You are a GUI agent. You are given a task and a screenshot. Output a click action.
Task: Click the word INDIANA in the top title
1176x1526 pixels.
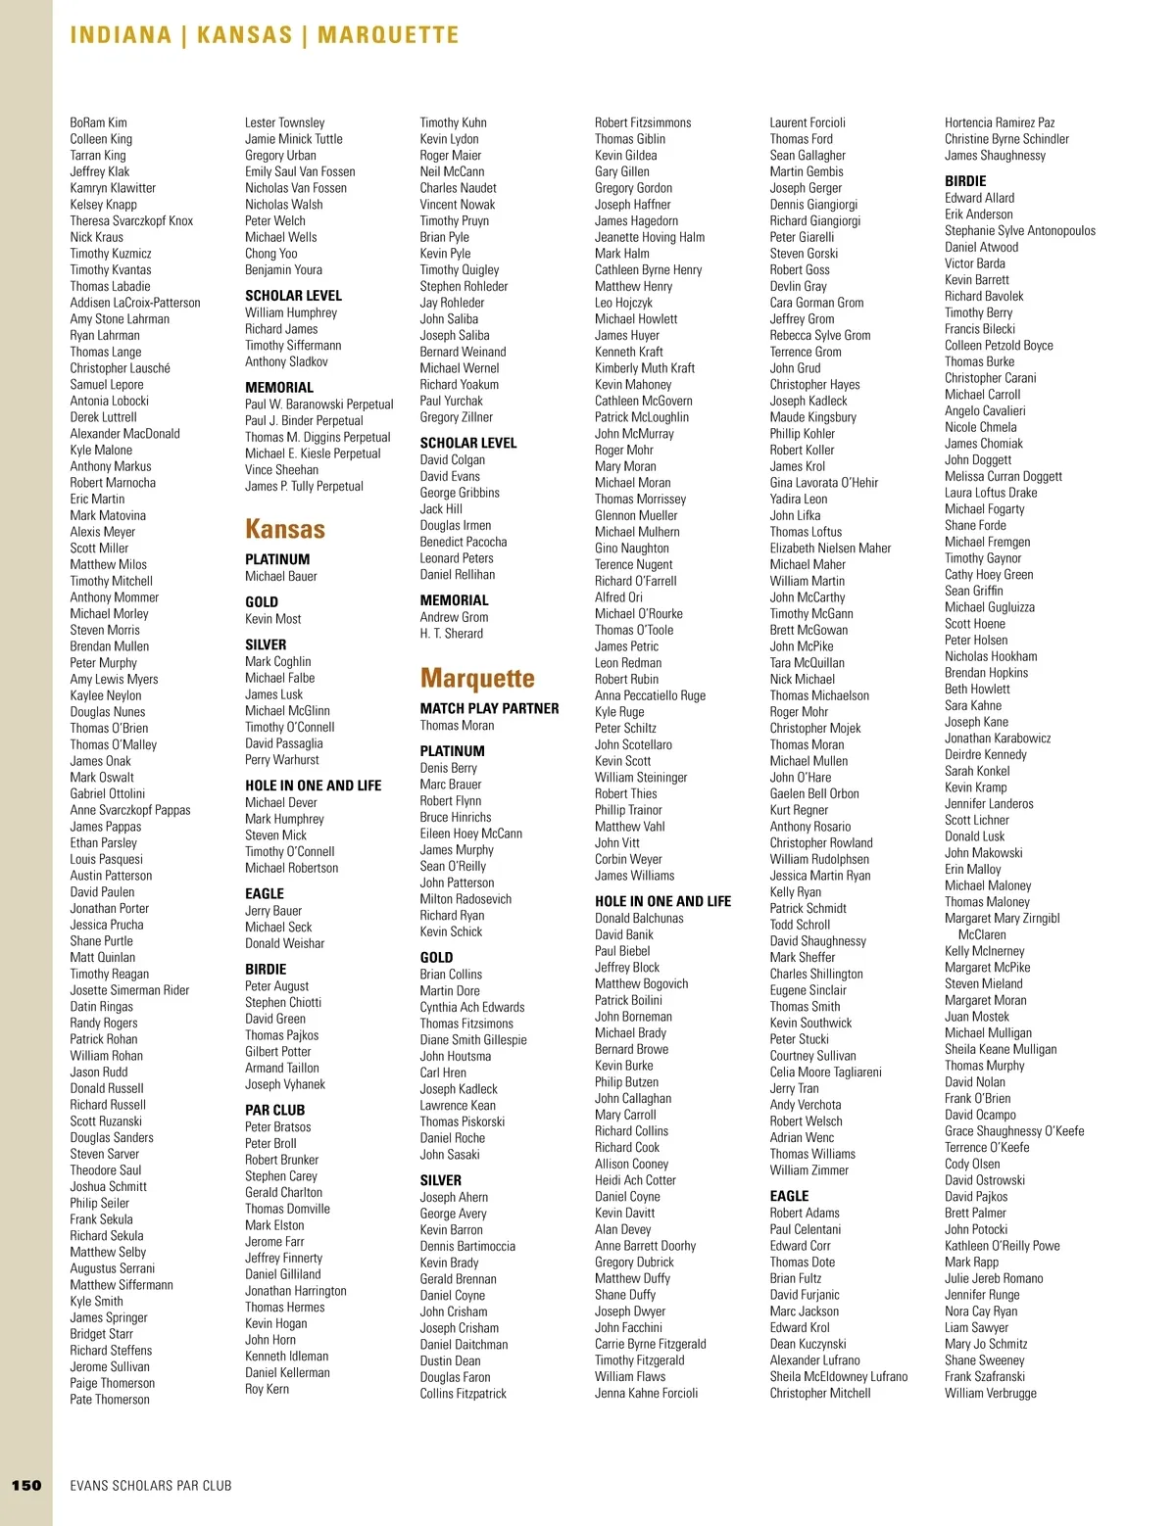coord(121,35)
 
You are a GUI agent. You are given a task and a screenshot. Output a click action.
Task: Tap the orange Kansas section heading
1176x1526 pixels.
coord(284,529)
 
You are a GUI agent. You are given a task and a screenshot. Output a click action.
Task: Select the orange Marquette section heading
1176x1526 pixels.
coord(477,678)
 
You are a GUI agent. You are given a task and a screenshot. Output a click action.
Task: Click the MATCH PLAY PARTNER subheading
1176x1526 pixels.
coord(489,708)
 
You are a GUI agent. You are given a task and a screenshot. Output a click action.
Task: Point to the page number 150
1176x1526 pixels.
coord(26,1485)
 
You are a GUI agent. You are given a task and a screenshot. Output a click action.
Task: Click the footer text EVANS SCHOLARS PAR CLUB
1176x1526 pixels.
coord(151,1485)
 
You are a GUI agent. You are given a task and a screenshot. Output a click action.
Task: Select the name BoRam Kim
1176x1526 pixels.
coord(98,122)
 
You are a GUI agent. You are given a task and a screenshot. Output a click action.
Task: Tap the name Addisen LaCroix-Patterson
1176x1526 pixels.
coord(135,303)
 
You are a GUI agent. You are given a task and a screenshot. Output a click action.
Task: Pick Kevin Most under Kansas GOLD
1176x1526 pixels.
coord(272,619)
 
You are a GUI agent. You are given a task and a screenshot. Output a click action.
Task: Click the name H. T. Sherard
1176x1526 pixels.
coord(451,634)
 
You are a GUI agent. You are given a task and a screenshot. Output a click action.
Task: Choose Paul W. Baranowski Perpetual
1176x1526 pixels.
coord(318,405)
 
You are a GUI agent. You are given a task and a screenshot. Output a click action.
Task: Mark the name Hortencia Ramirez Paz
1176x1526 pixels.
coord(1000,122)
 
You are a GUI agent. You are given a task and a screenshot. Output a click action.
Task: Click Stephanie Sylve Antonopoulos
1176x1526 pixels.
coord(1020,231)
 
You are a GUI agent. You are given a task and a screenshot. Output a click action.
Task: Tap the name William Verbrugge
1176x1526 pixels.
coord(990,1393)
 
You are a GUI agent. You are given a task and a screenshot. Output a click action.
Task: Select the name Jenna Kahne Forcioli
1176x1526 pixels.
coord(646,1393)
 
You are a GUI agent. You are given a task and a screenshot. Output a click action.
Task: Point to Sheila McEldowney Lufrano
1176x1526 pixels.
coord(838,1376)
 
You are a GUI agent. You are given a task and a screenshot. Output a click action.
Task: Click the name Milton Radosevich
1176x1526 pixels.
coord(465,899)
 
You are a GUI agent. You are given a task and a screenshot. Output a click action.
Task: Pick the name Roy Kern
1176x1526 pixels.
coord(267,1389)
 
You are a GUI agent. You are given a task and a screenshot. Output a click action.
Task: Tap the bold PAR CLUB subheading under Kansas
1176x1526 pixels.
coord(274,1110)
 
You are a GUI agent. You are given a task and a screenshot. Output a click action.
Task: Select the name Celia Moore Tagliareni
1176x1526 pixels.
coord(825,1073)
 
